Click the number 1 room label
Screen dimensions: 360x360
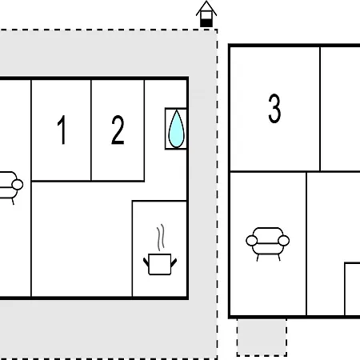[x=62, y=130]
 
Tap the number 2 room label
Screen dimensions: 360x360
[x=118, y=130]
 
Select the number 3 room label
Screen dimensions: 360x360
[x=274, y=108]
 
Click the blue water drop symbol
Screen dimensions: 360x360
[x=176, y=129]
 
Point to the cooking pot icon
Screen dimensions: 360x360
[x=160, y=264]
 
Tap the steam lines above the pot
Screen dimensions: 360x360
[x=161, y=238]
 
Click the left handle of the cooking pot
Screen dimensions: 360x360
[x=146, y=262]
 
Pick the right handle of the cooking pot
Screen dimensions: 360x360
[x=174, y=262]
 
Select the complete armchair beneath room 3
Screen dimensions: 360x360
[x=267, y=244]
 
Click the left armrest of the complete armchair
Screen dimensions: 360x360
[x=251, y=241]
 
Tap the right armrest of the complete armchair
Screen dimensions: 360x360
[x=284, y=241]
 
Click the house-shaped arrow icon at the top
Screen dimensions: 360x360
[x=206, y=14]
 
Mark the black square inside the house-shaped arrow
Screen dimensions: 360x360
[x=206, y=23]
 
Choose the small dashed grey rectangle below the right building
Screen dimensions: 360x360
[x=262, y=337]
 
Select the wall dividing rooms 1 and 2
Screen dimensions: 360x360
[x=91, y=130]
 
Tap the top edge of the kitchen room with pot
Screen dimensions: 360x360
[x=159, y=201]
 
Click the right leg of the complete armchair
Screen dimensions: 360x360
[x=279, y=258]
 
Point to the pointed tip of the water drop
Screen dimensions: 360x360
[x=176, y=110]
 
